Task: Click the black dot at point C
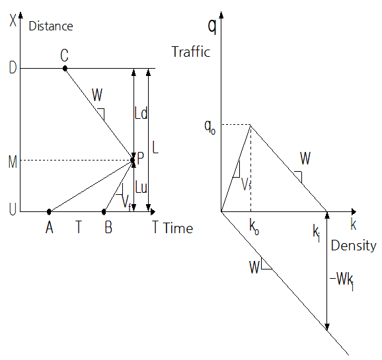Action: pos(65,69)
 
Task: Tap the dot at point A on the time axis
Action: pos(49,211)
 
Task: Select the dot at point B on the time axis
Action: pos(104,211)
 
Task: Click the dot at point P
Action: pos(132,160)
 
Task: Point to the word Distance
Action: pos(51,26)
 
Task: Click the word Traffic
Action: pos(191,52)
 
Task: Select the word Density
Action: pos(354,246)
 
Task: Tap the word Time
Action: pos(178,229)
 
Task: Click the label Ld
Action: pos(141,113)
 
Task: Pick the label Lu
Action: pos(141,187)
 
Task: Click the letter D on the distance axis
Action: pos(13,67)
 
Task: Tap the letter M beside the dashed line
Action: pos(13,162)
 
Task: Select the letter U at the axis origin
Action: pos(13,209)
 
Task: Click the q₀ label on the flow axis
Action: pos(210,127)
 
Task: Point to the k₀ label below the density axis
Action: pos(254,227)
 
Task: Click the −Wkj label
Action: pos(342,280)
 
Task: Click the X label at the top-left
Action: pos(13,20)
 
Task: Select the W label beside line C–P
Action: pos(97,94)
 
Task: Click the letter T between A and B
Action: pos(79,227)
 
